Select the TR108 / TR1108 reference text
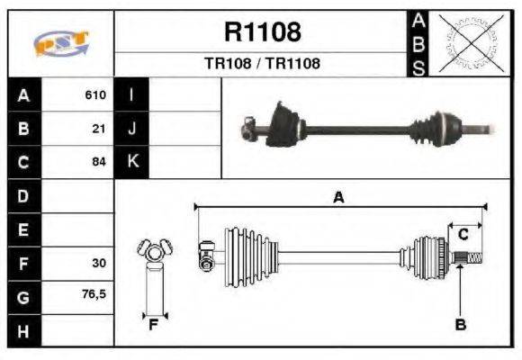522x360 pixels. pyautogui.click(x=262, y=64)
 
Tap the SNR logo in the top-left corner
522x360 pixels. pyautogui.click(x=60, y=42)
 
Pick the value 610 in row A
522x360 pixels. pyautogui.click(x=95, y=94)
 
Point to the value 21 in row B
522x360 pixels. pyautogui.click(x=100, y=129)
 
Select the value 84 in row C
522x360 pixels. pyautogui.click(x=99, y=162)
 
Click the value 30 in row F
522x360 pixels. pyautogui.click(x=99, y=263)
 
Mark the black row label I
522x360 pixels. pyautogui.click(x=132, y=94)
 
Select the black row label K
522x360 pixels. pyautogui.click(x=132, y=162)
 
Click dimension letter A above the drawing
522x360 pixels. pyautogui.click(x=338, y=197)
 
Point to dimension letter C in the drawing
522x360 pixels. pyautogui.click(x=463, y=234)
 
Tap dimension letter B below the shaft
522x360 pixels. pyautogui.click(x=460, y=325)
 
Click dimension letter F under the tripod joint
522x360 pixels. pyautogui.click(x=153, y=325)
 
